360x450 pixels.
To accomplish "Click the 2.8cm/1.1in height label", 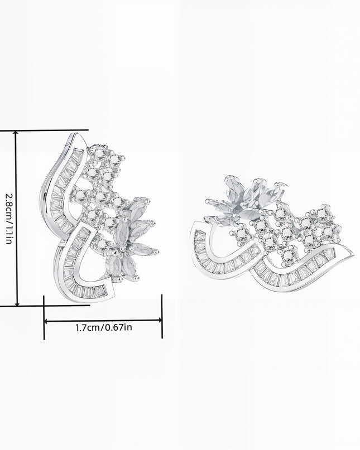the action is pyautogui.click(x=9, y=218).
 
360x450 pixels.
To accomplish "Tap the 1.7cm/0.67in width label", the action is pyautogui.click(x=104, y=327).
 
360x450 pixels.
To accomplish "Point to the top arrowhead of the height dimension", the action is pyautogui.click(x=17, y=133).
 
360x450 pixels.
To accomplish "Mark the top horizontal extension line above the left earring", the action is pyautogui.click(x=44, y=130).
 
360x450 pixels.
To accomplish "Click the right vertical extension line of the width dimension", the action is pyautogui.click(x=162, y=316).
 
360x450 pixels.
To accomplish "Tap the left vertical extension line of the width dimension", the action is pyautogui.click(x=44, y=317).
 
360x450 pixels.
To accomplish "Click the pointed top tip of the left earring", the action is pyautogui.click(x=76, y=133).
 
